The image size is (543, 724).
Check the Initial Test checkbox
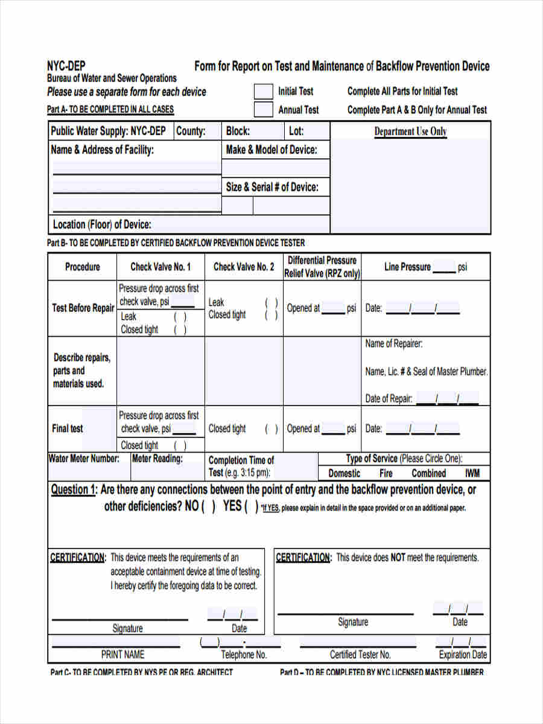[x=263, y=92]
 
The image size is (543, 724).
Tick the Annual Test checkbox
[x=263, y=110]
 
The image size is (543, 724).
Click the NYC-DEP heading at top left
[x=66, y=66]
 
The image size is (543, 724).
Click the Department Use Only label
[x=410, y=132]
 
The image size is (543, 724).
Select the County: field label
[x=191, y=132]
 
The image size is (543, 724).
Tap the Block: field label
[x=238, y=132]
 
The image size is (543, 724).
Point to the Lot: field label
[x=296, y=132]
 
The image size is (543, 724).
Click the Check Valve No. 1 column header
[x=160, y=267]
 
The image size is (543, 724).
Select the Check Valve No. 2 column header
[x=244, y=267]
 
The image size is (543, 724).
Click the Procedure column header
[x=83, y=267]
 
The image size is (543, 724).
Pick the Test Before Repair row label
[x=83, y=308]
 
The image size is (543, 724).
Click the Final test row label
[x=68, y=428]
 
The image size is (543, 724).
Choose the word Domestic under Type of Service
[x=345, y=474]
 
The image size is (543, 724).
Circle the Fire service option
[x=386, y=474]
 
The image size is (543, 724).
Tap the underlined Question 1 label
[x=73, y=490]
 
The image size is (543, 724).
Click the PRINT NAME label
[x=122, y=655]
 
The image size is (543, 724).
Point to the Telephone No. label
[x=244, y=655]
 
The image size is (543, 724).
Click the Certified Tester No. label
[x=360, y=655]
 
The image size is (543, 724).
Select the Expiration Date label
[x=463, y=655]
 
